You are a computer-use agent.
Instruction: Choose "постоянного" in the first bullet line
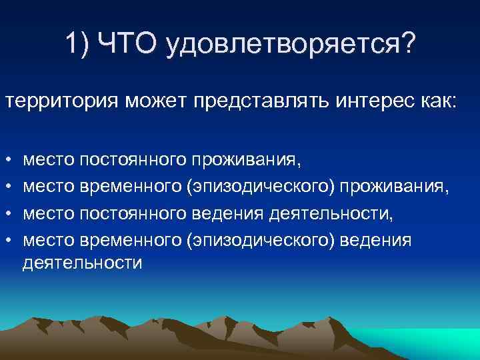tap(132, 161)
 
